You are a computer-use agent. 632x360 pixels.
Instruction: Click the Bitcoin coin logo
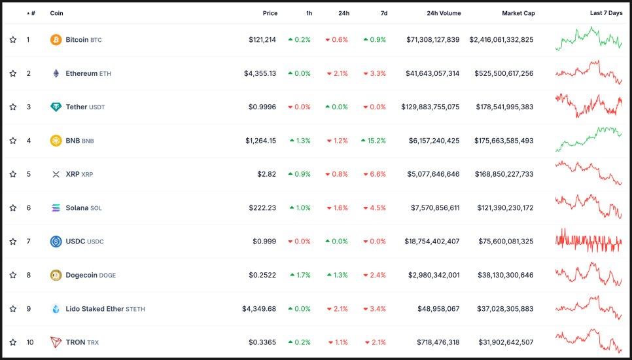[56, 40]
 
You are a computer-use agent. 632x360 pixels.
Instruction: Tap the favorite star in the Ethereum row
[13, 74]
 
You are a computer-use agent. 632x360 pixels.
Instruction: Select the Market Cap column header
[518, 13]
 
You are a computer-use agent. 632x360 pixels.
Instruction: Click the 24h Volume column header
[444, 13]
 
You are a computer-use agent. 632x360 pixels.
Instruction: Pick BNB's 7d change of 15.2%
[374, 141]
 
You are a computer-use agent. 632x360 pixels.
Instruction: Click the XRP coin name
[73, 175]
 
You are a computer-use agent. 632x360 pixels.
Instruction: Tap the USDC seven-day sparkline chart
[589, 241]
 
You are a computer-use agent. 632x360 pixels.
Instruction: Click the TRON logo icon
[56, 342]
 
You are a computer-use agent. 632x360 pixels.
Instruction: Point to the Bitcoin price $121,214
[262, 40]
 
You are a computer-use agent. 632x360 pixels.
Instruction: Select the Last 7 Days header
[606, 13]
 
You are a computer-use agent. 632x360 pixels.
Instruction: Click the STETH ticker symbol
[135, 310]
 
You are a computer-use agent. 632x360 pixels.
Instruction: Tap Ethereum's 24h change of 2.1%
[337, 74]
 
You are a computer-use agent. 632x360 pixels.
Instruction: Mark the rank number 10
[29, 342]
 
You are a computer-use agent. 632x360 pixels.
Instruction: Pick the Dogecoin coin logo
[56, 276]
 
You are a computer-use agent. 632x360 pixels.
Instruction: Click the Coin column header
[57, 13]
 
